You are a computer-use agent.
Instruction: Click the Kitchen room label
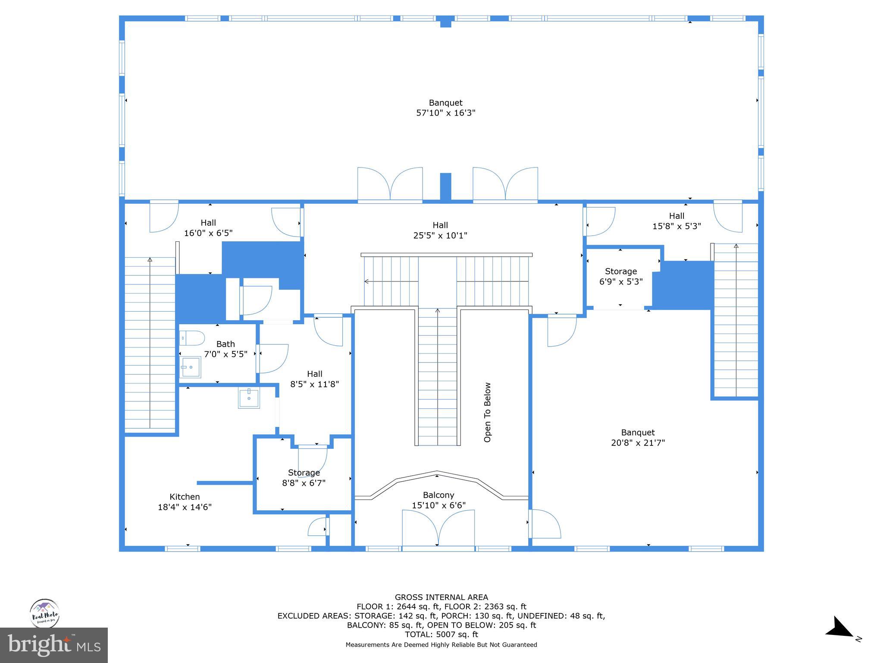[x=185, y=497]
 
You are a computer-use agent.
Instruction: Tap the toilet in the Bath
[x=192, y=338]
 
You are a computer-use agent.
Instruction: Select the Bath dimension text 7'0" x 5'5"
[x=225, y=354]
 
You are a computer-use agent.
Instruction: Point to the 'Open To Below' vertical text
[x=488, y=412]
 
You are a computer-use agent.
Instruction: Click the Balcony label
[x=438, y=495]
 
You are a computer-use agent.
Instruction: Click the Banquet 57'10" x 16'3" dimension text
[x=445, y=113]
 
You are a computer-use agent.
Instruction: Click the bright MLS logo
[x=54, y=645]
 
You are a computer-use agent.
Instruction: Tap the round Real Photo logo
[x=44, y=613]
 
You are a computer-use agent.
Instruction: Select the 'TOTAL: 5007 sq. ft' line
[x=441, y=635]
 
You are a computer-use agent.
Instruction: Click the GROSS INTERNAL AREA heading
[x=441, y=597]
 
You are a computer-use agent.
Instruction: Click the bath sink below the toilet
[x=190, y=367]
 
